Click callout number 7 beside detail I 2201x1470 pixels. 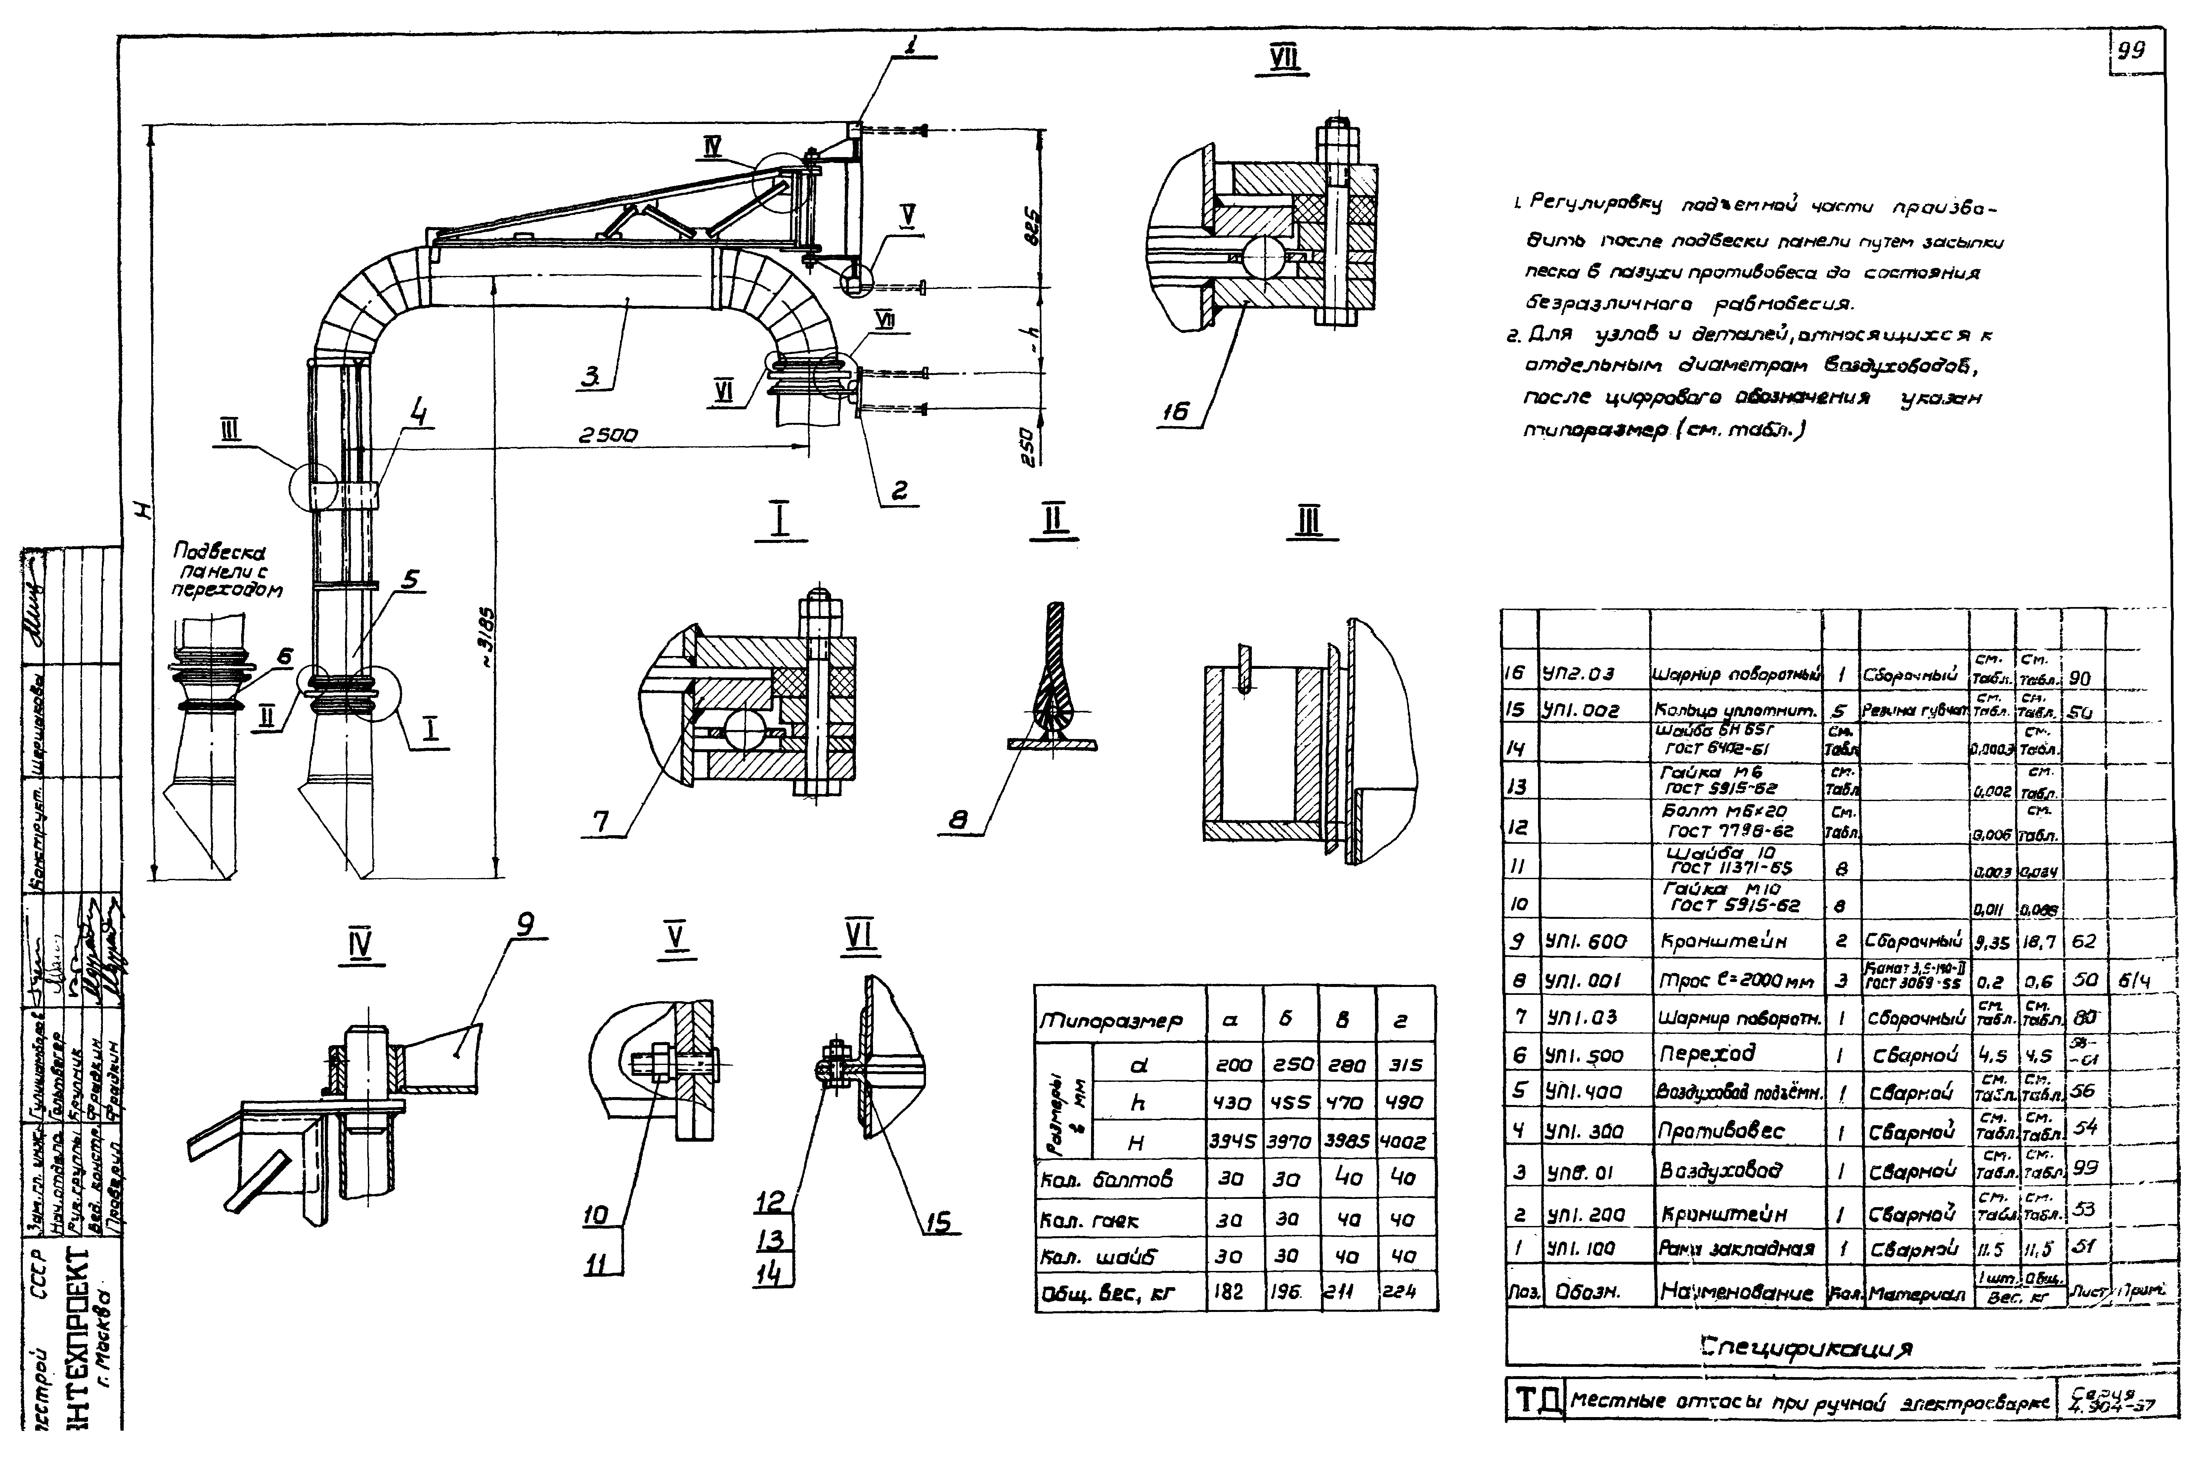point(600,822)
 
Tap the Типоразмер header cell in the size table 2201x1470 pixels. point(1111,1020)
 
